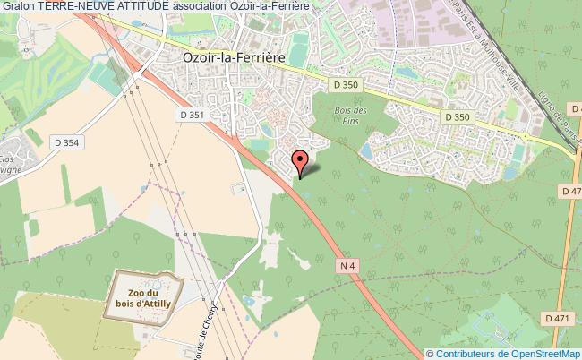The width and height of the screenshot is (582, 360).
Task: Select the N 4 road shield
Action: tap(350, 264)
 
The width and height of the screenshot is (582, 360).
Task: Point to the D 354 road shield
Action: tap(66, 142)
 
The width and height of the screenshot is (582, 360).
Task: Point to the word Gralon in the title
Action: tap(19, 6)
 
